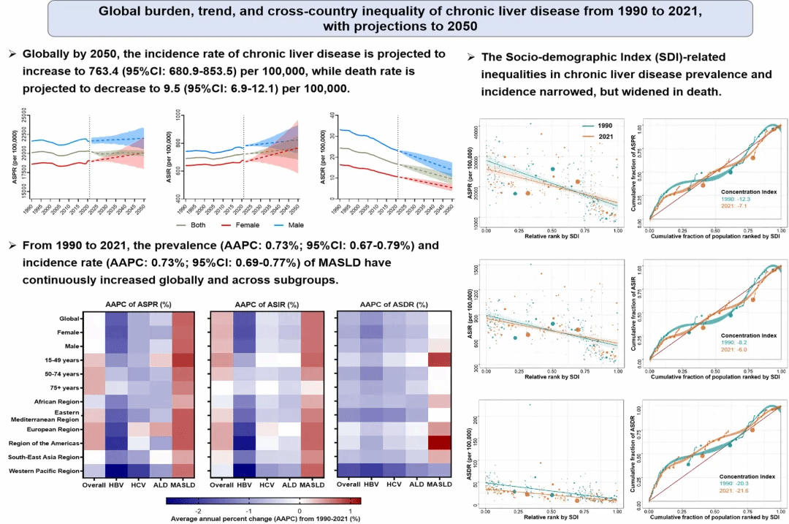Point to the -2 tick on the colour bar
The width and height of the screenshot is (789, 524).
pos(199,510)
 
